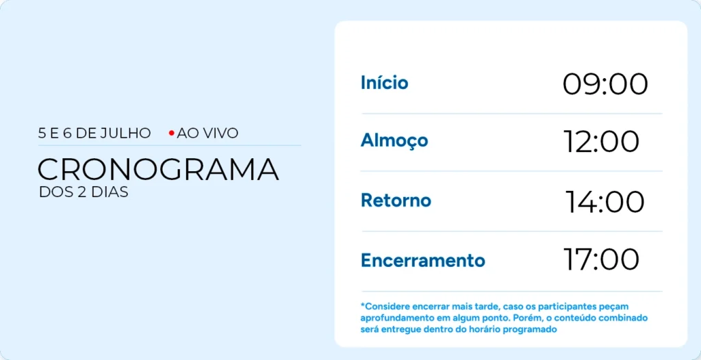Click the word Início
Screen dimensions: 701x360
(x=385, y=83)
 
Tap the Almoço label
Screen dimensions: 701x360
(x=394, y=141)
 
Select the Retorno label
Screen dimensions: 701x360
(x=396, y=201)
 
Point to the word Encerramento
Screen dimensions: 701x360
(x=423, y=260)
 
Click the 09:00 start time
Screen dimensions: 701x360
(x=605, y=84)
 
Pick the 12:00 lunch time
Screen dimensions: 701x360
(x=601, y=142)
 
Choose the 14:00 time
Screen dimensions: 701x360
(x=605, y=202)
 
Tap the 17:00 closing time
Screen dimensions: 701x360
(x=601, y=259)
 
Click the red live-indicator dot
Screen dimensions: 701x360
(x=171, y=133)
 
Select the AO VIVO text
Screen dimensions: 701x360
(x=207, y=133)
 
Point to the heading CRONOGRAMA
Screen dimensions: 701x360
(x=158, y=169)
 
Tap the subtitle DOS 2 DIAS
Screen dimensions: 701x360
(x=84, y=192)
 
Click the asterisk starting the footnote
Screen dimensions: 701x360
(x=363, y=305)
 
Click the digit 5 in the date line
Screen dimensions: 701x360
(x=42, y=133)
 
